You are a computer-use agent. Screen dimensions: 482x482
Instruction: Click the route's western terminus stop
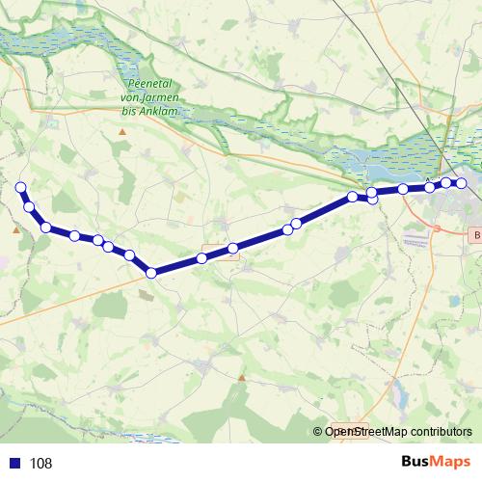(x=20, y=187)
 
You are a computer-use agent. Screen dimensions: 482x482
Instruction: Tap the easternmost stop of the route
(x=461, y=183)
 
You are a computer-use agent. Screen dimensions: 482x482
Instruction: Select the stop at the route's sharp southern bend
(x=151, y=273)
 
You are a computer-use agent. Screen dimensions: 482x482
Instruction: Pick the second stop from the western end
(x=30, y=207)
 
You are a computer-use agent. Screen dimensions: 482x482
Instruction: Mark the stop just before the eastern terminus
(x=446, y=183)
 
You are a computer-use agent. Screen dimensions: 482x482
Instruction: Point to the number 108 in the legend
(x=41, y=464)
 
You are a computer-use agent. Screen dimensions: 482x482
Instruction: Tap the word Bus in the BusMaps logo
(x=415, y=463)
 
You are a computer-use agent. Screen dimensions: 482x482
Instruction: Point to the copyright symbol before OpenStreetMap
(x=318, y=432)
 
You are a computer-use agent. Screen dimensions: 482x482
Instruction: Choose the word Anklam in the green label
(x=158, y=109)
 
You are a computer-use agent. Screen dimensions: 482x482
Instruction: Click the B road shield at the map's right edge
(x=474, y=234)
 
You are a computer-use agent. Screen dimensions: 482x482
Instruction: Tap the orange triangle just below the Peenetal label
(x=122, y=129)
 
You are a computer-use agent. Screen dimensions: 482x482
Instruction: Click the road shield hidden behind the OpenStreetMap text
(x=344, y=430)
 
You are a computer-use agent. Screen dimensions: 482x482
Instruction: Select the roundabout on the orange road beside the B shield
(x=437, y=229)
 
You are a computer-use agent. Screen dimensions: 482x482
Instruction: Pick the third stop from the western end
(x=46, y=228)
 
